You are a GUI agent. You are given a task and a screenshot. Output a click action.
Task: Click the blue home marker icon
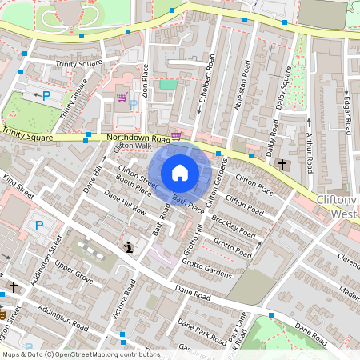tap(180, 172)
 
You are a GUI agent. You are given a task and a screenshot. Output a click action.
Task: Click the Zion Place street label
tap(145, 80)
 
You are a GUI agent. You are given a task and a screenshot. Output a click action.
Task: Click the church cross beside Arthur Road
tap(282, 164)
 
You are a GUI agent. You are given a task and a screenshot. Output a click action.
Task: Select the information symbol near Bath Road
tap(128, 247)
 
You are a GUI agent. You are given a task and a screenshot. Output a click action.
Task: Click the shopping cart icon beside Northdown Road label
tap(176, 135)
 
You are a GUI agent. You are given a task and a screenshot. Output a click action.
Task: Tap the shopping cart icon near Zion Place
tap(122, 96)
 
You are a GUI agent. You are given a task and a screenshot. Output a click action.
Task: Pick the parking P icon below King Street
tap(38, 226)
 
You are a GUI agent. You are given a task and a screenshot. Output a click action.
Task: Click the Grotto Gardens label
tap(206, 269)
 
